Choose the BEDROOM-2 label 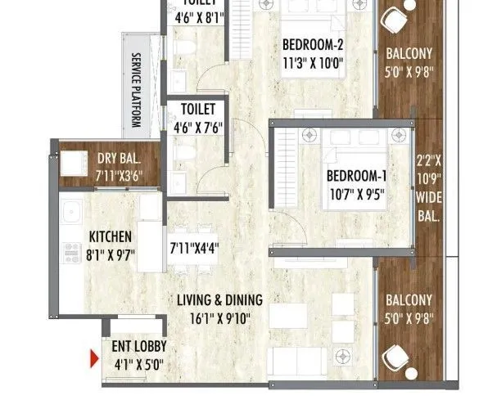[x=313, y=45]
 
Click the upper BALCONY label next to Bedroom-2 [x=409, y=56]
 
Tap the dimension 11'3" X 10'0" [x=313, y=62]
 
